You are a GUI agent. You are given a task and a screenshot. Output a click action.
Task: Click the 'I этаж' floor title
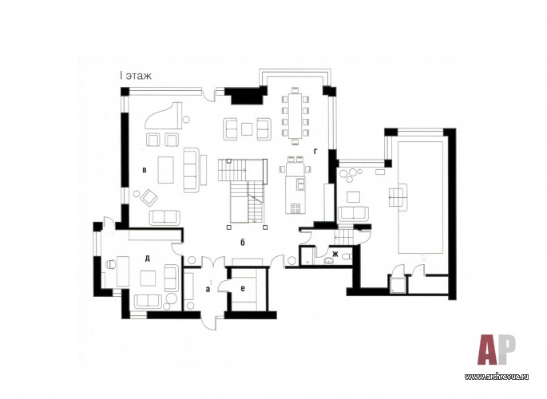(x=135, y=77)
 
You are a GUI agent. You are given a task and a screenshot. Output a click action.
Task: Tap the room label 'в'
(x=144, y=171)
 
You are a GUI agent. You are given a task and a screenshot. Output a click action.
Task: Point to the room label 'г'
(x=315, y=151)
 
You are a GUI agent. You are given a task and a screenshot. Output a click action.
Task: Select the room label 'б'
(x=243, y=242)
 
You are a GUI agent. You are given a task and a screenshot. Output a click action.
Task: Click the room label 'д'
(x=147, y=259)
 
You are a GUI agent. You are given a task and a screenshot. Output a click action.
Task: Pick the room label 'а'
(x=208, y=289)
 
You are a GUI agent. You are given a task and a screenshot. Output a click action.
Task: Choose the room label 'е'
(x=243, y=288)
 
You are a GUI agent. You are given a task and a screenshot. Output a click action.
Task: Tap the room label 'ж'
(x=335, y=254)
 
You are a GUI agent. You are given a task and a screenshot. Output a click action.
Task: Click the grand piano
(x=164, y=117)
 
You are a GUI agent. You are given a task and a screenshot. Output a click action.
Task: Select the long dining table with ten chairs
(x=295, y=116)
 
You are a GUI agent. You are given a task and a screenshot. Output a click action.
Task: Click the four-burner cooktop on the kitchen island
(x=295, y=209)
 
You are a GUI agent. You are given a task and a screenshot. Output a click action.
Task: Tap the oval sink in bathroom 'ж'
(x=328, y=260)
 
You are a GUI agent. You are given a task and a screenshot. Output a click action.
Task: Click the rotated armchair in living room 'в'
(x=149, y=198)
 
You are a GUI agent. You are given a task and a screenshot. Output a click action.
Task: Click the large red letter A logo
(x=487, y=350)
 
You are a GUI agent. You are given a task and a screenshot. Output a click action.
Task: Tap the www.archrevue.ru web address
(x=497, y=377)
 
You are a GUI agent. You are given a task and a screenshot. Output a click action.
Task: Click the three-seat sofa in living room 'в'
(x=192, y=170)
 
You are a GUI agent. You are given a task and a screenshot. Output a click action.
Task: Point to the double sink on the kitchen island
(x=299, y=184)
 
